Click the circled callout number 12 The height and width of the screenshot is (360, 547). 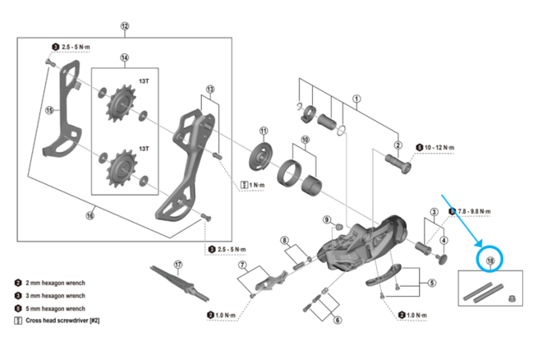click(125, 26)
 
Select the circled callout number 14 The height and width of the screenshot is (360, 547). click(125, 58)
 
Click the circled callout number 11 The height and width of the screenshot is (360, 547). click(263, 132)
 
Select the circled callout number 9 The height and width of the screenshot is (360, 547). click(327, 219)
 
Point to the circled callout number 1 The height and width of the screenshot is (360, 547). click(356, 100)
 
